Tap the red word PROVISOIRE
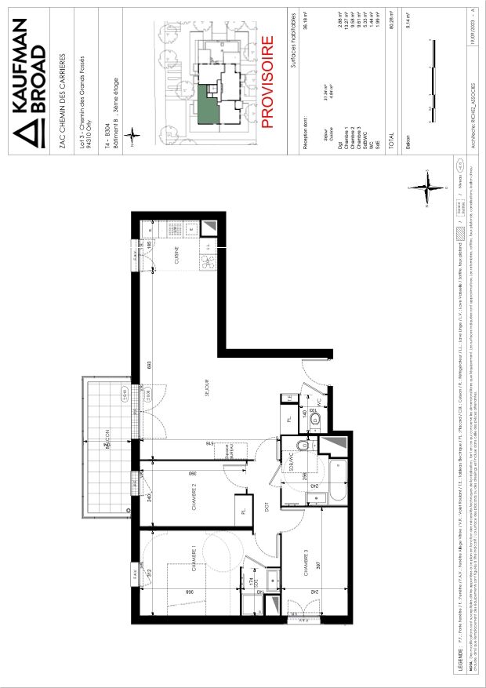267,82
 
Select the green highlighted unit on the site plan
208,104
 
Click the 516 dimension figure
211,445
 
